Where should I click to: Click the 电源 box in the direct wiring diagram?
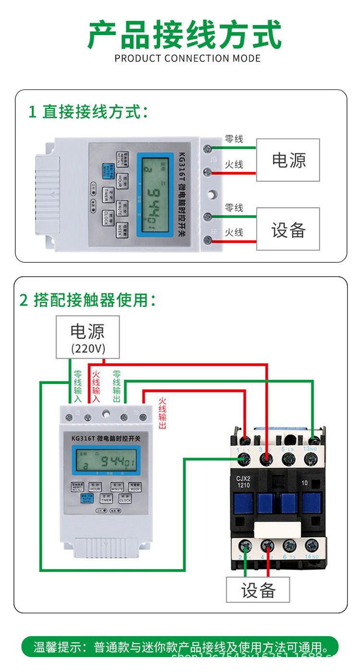point(288,160)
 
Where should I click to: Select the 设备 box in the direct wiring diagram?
point(288,229)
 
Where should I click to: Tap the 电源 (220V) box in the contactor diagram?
point(88,337)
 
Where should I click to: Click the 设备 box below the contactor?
point(258,590)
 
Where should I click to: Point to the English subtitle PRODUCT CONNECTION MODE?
point(188,59)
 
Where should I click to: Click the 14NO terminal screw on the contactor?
point(312,546)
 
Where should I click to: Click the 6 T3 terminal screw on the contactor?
point(289,546)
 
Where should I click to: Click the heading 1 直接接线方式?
point(88,112)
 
